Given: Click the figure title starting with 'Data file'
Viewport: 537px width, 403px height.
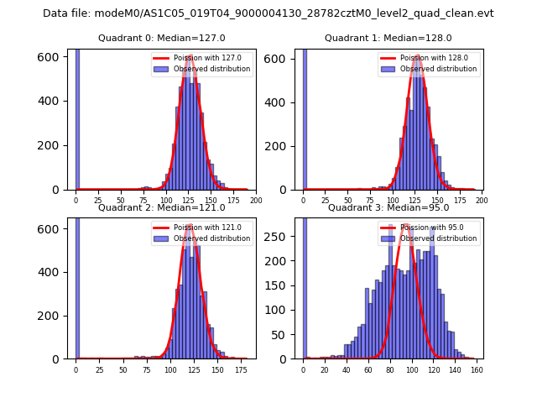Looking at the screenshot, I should point(268,13).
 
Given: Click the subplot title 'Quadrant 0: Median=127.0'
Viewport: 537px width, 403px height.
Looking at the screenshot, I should point(162,38).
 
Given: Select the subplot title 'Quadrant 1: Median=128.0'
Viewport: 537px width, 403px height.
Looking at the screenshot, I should point(388,38).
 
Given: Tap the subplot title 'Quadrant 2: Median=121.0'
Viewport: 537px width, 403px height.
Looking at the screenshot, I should point(162,207).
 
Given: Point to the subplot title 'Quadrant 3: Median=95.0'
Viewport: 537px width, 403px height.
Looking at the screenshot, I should point(388,207).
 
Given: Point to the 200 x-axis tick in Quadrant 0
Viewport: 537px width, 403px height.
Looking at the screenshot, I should point(256,201).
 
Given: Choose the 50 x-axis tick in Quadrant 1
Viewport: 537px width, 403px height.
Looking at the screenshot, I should point(348,201).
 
